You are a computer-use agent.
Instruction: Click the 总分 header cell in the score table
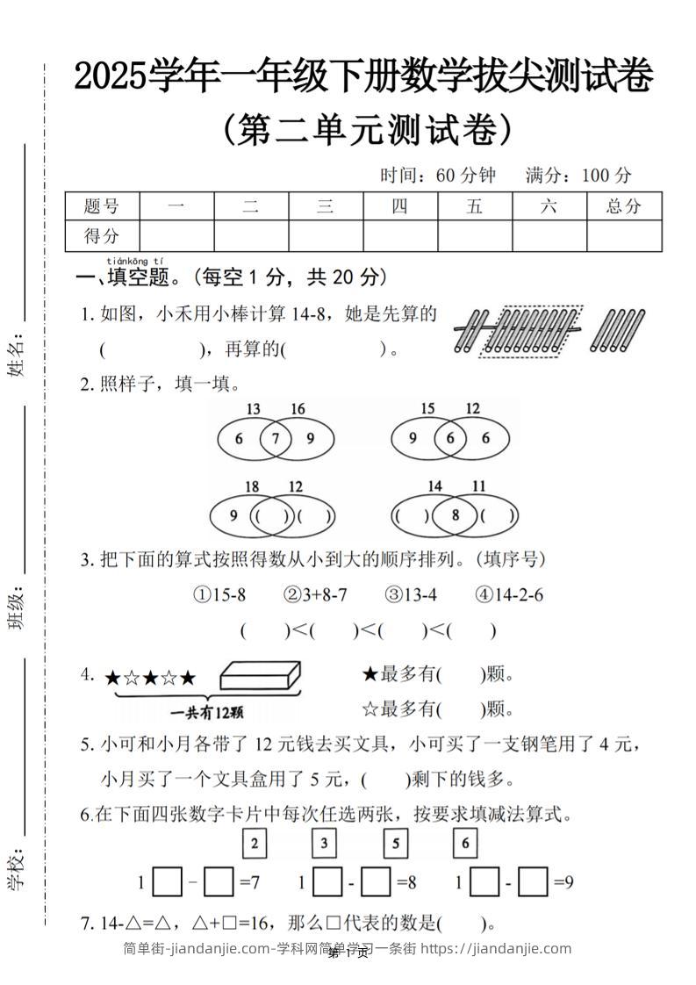tap(623, 206)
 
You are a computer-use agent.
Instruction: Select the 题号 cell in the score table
tap(101, 206)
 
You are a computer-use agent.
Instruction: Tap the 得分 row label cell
tap(101, 235)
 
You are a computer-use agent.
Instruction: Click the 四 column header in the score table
tap(399, 206)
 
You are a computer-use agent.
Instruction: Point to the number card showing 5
tap(395, 844)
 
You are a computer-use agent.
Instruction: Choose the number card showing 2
tap(254, 844)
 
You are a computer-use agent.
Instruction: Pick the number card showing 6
tap(465, 844)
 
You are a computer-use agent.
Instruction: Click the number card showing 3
tap(325, 844)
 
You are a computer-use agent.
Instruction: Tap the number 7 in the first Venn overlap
tap(275, 439)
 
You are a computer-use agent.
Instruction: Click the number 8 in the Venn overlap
tap(455, 515)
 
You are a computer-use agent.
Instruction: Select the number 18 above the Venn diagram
tap(252, 486)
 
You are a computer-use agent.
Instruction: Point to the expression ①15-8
tap(219, 595)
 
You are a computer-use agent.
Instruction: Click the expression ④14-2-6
tap(509, 595)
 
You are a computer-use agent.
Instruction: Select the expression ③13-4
tap(410, 595)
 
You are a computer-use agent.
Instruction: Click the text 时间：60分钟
tap(437, 176)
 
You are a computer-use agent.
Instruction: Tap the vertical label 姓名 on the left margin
tap(17, 356)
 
